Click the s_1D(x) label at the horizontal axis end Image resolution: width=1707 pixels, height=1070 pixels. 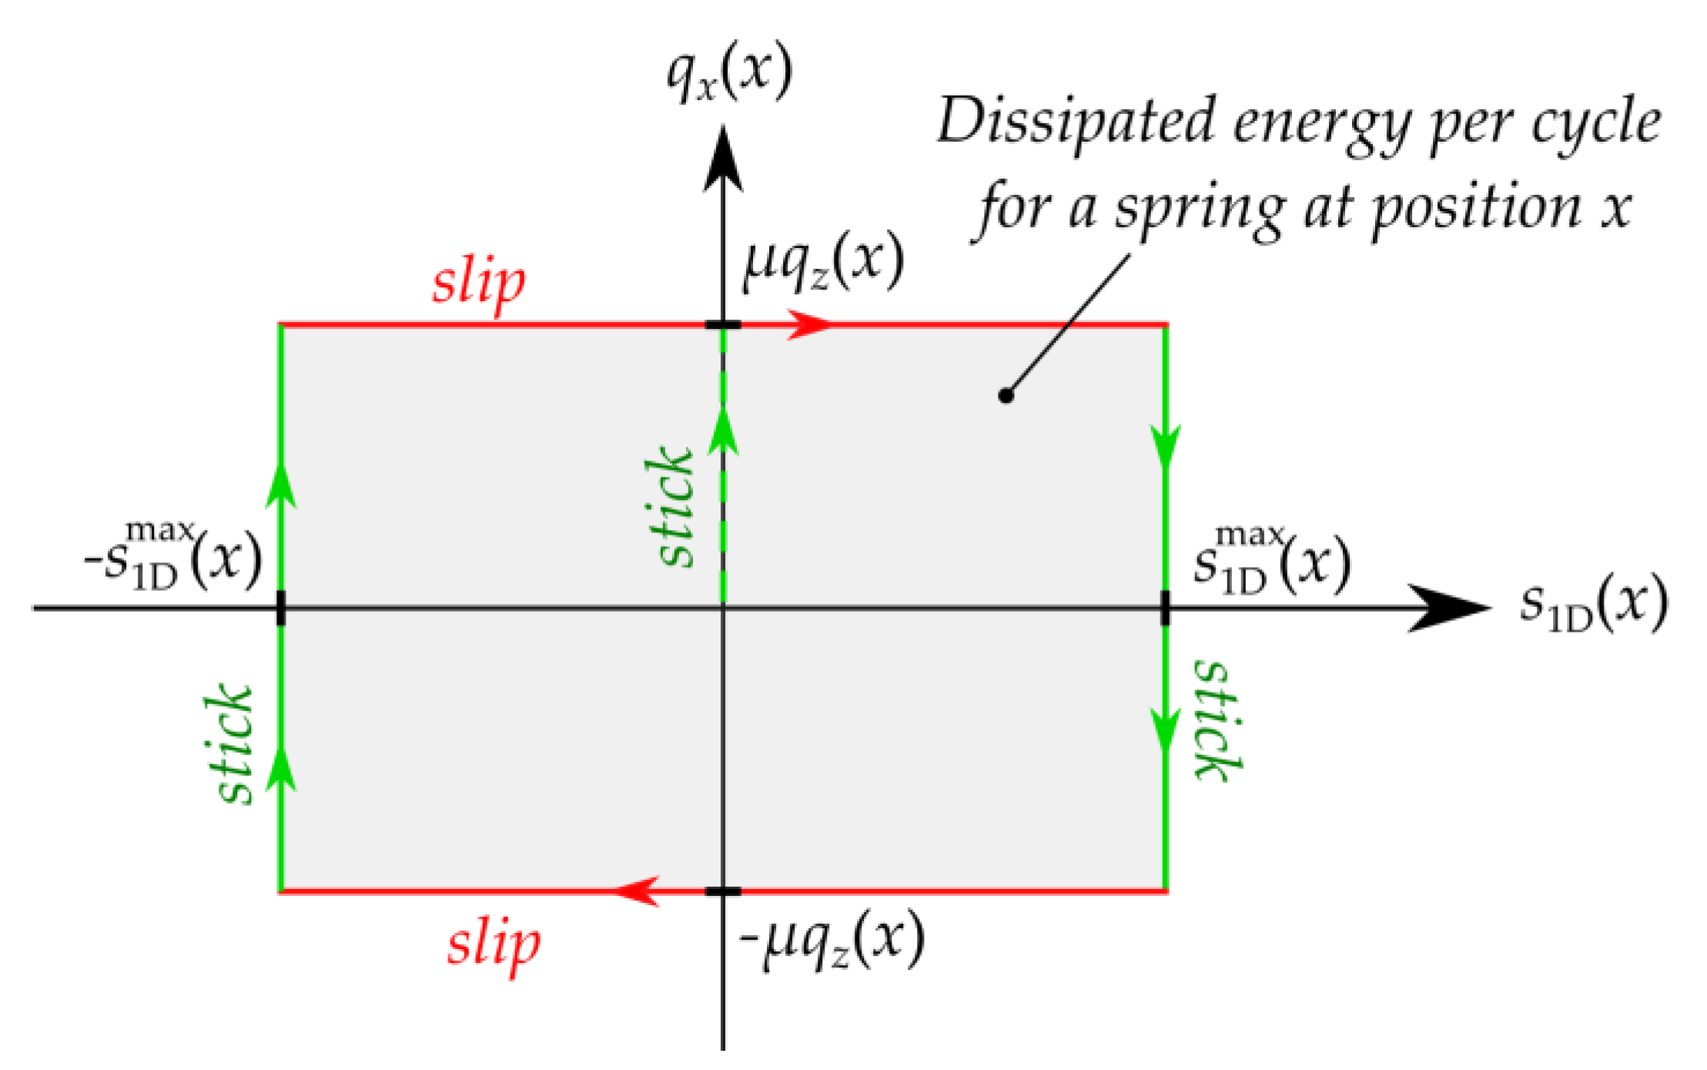(x=1592, y=605)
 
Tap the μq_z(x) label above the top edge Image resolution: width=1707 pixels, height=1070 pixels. (x=822, y=262)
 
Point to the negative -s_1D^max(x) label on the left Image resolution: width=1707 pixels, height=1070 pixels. (x=174, y=556)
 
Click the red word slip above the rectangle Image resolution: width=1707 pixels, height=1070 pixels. (x=479, y=283)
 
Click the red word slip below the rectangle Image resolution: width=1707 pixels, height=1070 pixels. (x=494, y=944)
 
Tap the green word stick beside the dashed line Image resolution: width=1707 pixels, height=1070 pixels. (x=668, y=507)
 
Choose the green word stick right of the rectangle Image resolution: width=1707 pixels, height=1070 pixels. (x=1218, y=719)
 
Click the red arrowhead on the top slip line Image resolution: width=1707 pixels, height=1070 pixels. (x=808, y=325)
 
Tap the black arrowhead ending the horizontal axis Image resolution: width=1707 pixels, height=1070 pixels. (x=1448, y=608)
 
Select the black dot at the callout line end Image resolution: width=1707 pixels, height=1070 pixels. (x=1006, y=395)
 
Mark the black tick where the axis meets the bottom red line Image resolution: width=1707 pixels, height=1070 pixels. (x=723, y=891)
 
